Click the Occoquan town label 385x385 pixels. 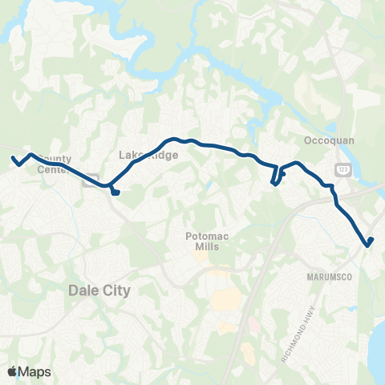click(x=325, y=140)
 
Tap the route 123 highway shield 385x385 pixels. click(x=342, y=168)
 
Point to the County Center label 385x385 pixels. click(x=55, y=164)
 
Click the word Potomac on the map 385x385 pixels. click(x=208, y=237)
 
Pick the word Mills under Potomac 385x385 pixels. click(x=208, y=248)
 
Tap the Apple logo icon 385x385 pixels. click(x=13, y=371)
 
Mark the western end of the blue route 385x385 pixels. click(x=14, y=158)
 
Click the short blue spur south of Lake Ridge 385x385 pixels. click(x=115, y=191)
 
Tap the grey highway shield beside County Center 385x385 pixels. click(x=92, y=177)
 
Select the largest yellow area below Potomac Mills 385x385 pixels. click(x=227, y=299)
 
